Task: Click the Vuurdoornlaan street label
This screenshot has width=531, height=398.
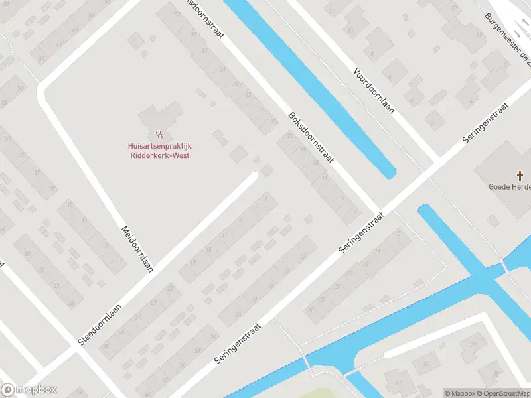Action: [x=374, y=90]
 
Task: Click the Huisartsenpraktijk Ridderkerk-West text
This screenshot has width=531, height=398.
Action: [x=159, y=151]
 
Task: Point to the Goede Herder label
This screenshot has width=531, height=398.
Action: [x=510, y=187]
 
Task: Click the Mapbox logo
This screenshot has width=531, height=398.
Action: [x=29, y=390]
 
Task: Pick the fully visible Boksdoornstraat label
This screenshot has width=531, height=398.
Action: [x=311, y=138]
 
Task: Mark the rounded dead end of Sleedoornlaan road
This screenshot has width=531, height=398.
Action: [x=254, y=177]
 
